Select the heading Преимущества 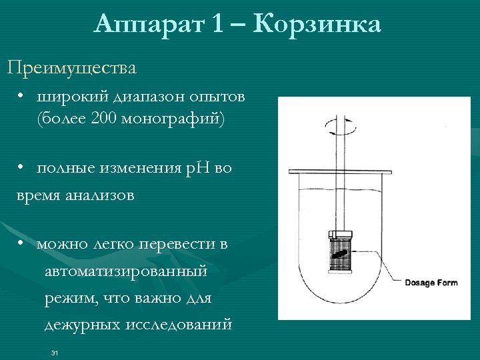coord(72,67)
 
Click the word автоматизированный coord(126,272)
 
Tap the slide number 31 coord(55,352)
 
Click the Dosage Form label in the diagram coord(431,283)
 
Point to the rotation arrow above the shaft coord(339,125)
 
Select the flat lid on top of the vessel coord(340,174)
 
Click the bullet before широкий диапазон coord(22,97)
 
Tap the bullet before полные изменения coord(22,167)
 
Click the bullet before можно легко coord(22,243)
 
